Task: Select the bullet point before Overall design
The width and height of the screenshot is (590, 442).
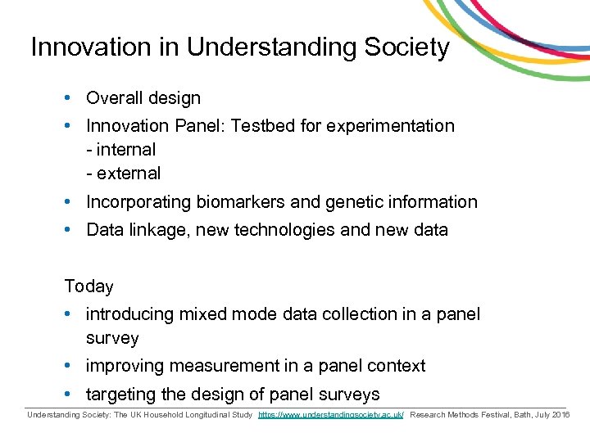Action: [x=70, y=98]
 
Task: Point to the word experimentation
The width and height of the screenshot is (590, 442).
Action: [x=391, y=126]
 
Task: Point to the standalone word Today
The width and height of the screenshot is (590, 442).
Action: [x=89, y=286]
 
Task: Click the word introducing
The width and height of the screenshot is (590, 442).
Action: [x=129, y=314]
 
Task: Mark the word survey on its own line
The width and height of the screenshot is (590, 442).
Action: [x=112, y=338]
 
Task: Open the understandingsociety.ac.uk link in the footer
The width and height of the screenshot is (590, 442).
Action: [x=330, y=416]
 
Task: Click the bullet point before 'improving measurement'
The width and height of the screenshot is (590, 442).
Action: [x=70, y=366]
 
